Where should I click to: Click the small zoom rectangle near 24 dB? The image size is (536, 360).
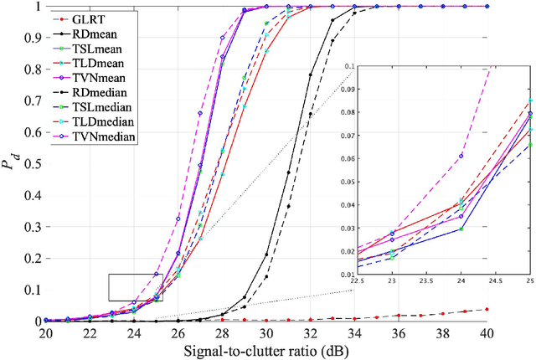click(136, 287)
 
